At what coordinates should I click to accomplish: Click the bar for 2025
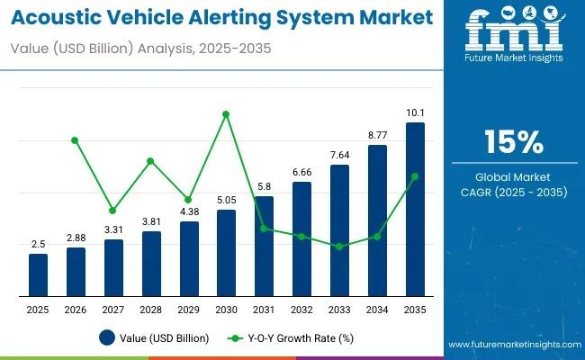[37, 275]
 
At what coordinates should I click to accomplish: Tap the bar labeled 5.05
[226, 253]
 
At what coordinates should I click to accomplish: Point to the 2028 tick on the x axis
[151, 309]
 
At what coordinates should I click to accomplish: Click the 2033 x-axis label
[339, 309]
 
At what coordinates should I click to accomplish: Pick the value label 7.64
[339, 155]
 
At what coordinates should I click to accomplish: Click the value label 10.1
[415, 112]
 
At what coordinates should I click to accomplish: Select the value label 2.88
[76, 238]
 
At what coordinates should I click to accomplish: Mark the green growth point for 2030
[226, 114]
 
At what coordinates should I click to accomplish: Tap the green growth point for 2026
[76, 140]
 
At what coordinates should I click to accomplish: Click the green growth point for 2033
[339, 246]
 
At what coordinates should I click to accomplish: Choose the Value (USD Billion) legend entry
[154, 338]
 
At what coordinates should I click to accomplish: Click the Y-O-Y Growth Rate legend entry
[293, 338]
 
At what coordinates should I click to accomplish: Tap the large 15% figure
[513, 142]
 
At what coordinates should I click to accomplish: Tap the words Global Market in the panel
[513, 176]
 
